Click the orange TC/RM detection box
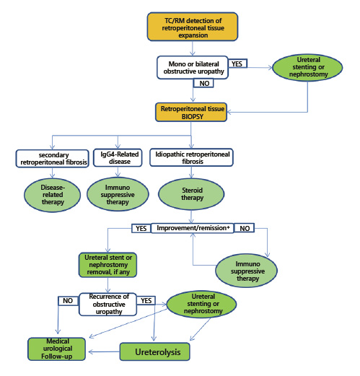(x=191, y=27)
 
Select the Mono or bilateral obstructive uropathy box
(x=191, y=67)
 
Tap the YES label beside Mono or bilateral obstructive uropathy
(x=237, y=63)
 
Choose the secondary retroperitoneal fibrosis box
(x=51, y=157)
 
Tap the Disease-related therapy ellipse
(x=51, y=193)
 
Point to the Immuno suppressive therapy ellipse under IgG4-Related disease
(x=118, y=193)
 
